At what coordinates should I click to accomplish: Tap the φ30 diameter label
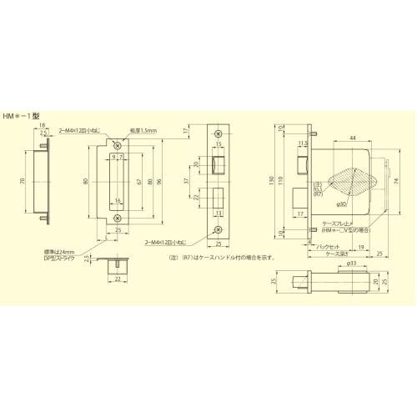coord(343,204)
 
